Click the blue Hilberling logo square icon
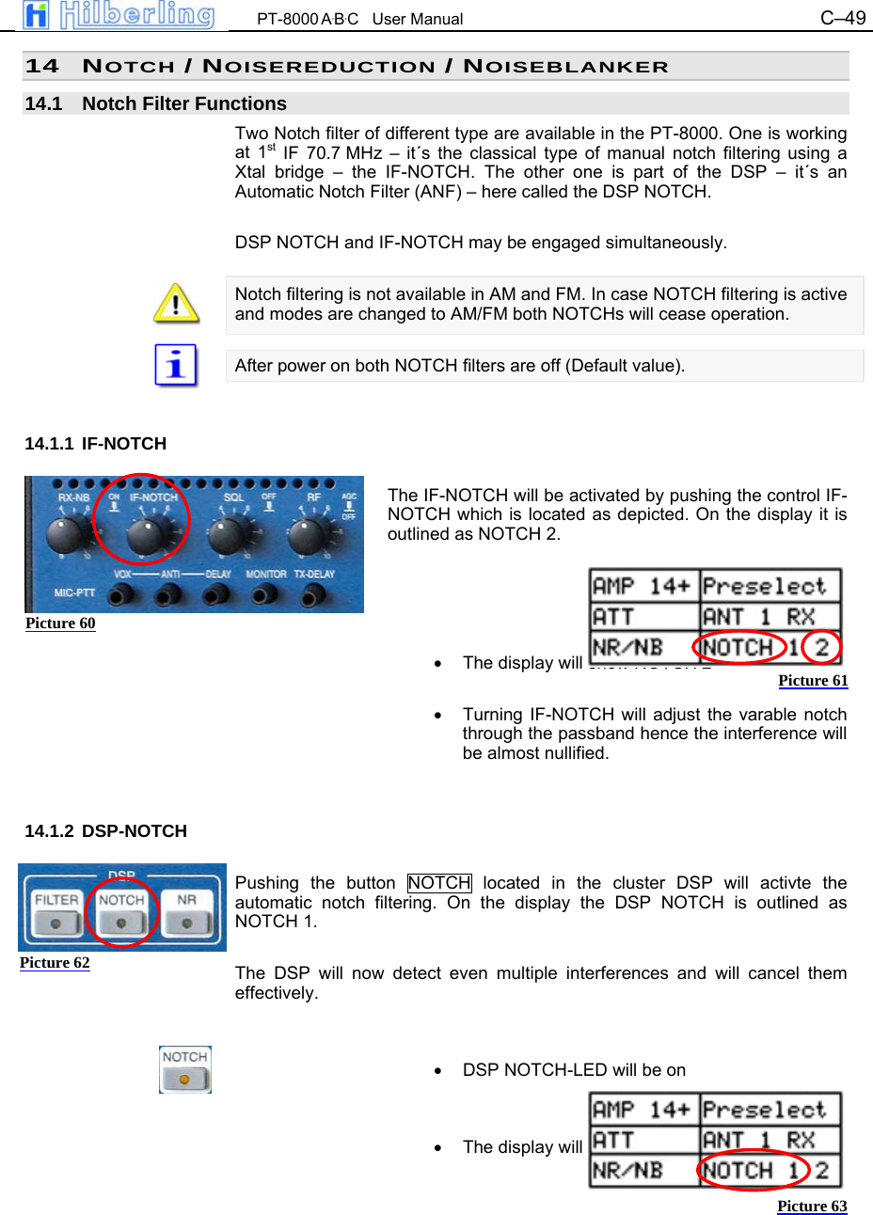[x=36, y=15]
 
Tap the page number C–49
[x=842, y=18]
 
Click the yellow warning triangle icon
[x=176, y=304]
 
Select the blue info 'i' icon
[x=176, y=365]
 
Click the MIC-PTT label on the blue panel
[x=74, y=592]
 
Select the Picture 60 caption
[x=60, y=623]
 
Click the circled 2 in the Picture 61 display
[x=822, y=647]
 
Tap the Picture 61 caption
[x=813, y=681]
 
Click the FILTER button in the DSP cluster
[x=56, y=912]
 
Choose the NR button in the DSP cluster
[x=187, y=912]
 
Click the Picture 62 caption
[x=55, y=963]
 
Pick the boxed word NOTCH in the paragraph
[x=439, y=883]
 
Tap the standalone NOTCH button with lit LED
[x=184, y=1069]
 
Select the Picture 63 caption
[x=812, y=1207]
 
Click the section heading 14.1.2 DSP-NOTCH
[x=105, y=831]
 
